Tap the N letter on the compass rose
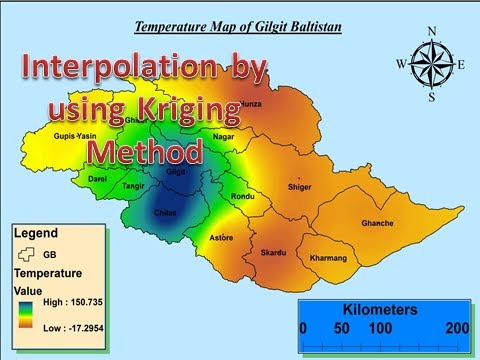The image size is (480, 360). (x=432, y=31)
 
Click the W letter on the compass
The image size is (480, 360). (x=401, y=65)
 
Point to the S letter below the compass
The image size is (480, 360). (x=432, y=98)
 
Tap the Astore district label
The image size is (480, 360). (x=222, y=238)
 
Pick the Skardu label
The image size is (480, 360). (x=274, y=254)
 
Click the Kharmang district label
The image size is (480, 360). (x=328, y=258)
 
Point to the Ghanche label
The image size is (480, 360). (x=376, y=223)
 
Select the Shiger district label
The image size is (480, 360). (x=299, y=186)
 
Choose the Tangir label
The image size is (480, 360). (x=133, y=186)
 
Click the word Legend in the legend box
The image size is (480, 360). (x=35, y=233)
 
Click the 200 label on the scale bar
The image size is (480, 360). (x=457, y=328)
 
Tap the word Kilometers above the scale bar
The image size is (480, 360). (x=380, y=310)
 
